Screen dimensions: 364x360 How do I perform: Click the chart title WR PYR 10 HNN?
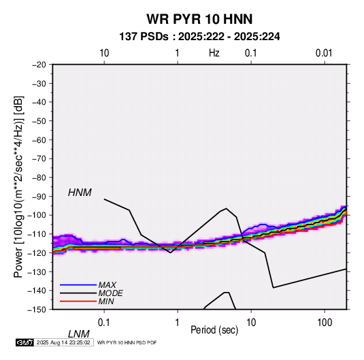tap(199, 19)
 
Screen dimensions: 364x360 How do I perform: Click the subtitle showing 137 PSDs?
tap(199, 37)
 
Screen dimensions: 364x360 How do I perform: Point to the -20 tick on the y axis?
tap(39, 65)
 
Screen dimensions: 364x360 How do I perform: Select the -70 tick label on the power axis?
tap(39, 159)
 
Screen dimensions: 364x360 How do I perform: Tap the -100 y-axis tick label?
tap(37, 215)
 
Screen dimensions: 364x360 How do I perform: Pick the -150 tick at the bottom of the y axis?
tap(37, 310)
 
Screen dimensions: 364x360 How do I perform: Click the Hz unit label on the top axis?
tap(214, 53)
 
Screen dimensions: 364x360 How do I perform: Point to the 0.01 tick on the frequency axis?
tap(324, 53)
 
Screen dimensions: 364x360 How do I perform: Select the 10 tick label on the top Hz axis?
tap(104, 53)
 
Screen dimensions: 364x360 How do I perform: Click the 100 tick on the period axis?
tap(325, 323)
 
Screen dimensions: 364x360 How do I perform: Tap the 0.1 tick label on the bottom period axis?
tap(104, 323)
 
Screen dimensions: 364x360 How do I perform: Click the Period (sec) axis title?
tap(214, 330)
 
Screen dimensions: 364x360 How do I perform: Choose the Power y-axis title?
tap(18, 186)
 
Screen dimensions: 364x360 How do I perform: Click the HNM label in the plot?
tap(80, 193)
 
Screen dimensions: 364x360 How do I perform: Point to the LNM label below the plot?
tap(78, 334)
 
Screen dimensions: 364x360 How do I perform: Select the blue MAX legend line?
tap(78, 285)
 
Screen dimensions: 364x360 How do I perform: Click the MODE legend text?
tap(110, 293)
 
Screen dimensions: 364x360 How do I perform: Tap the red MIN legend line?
tap(78, 301)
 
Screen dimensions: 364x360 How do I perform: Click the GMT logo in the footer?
tap(25, 342)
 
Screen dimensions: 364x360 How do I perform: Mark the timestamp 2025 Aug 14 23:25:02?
tap(63, 342)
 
